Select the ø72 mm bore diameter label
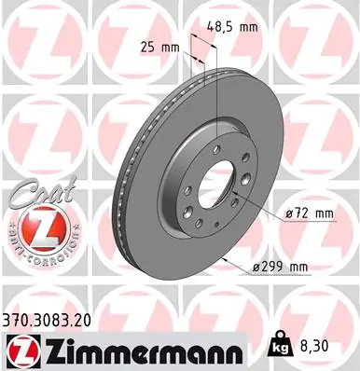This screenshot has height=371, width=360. tap(309, 213)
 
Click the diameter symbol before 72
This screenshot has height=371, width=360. tap(289, 213)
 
